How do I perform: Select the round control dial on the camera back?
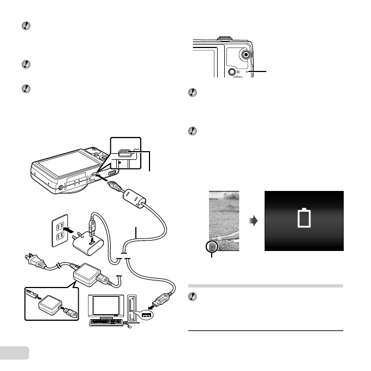(246, 55)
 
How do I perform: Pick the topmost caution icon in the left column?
(25, 26)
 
